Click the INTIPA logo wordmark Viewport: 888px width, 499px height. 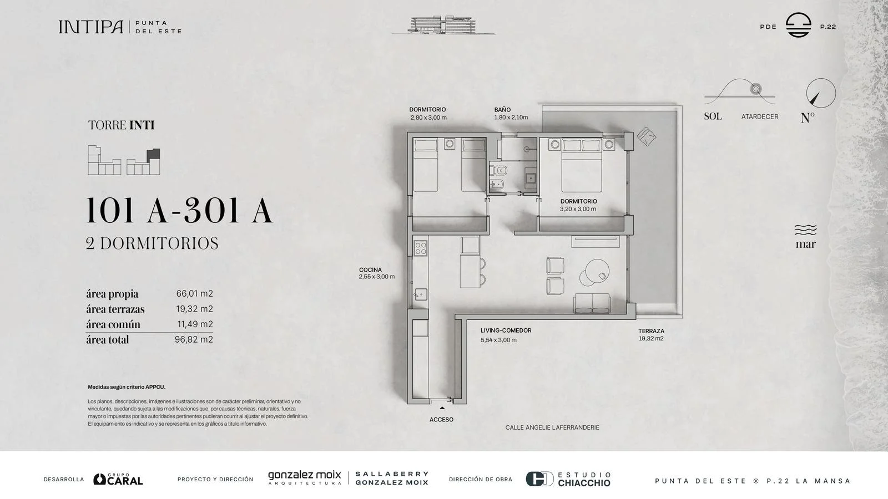tap(91, 27)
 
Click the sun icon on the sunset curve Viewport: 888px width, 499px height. tap(756, 89)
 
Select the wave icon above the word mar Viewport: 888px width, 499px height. tap(805, 230)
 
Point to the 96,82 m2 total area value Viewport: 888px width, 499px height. tap(194, 339)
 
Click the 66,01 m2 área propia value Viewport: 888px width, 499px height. tap(194, 293)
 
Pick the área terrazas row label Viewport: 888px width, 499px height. tap(115, 309)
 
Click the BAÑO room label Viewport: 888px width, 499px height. tap(502, 110)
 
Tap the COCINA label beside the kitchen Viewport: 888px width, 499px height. tap(370, 269)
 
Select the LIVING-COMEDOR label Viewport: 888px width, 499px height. tap(506, 330)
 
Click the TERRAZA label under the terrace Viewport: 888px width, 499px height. tap(651, 331)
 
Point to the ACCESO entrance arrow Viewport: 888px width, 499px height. tap(442, 408)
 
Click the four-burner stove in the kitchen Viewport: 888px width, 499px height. tap(420, 248)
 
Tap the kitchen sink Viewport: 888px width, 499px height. tap(420, 294)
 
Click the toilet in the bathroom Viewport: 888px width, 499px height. tap(498, 171)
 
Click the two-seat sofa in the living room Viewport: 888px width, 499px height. tap(592, 303)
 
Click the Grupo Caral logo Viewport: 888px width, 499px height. tap(118, 479)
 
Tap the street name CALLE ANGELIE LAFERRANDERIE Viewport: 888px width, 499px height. tap(552, 427)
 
